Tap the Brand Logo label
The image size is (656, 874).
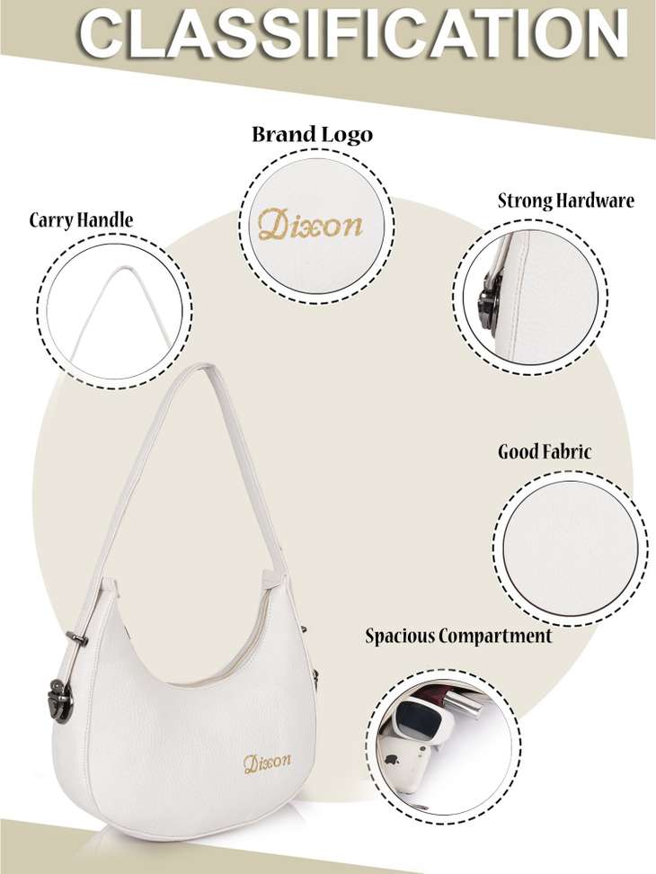tap(313, 135)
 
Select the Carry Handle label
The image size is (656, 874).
tap(81, 219)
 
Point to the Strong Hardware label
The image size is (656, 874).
tap(566, 201)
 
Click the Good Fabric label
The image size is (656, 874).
tap(544, 450)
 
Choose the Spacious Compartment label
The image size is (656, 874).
tap(458, 636)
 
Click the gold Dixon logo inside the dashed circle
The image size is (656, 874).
tap(310, 225)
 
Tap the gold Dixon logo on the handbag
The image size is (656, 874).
tap(267, 763)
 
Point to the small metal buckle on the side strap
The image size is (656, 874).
tap(76, 639)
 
